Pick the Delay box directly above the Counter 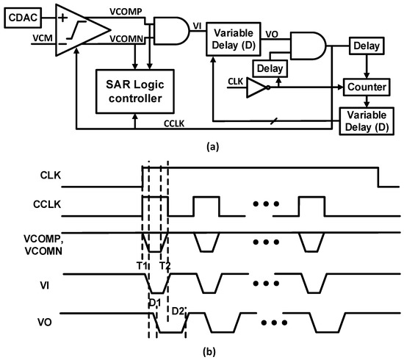[x=365, y=46]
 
